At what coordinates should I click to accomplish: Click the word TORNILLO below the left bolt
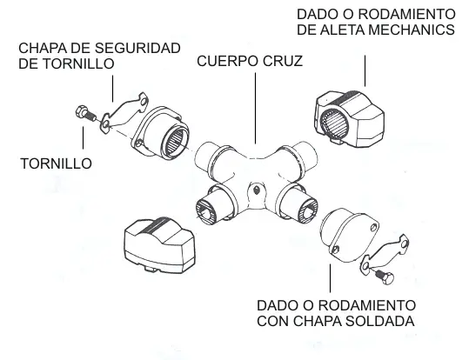[x=57, y=163]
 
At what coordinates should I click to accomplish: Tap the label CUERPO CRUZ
[x=250, y=61]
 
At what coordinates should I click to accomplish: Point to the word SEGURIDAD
[x=137, y=48]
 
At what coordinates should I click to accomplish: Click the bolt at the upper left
[x=85, y=113]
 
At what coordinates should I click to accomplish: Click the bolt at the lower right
[x=385, y=277]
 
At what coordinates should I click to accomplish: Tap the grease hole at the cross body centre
[x=256, y=190]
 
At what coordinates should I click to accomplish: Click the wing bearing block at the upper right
[x=349, y=119]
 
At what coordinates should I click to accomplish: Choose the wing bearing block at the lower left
[x=159, y=245]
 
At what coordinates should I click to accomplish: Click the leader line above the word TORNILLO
[x=84, y=138]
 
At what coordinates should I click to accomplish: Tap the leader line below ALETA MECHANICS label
[x=365, y=70]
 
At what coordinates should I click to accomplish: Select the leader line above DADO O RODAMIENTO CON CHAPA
[x=331, y=278]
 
